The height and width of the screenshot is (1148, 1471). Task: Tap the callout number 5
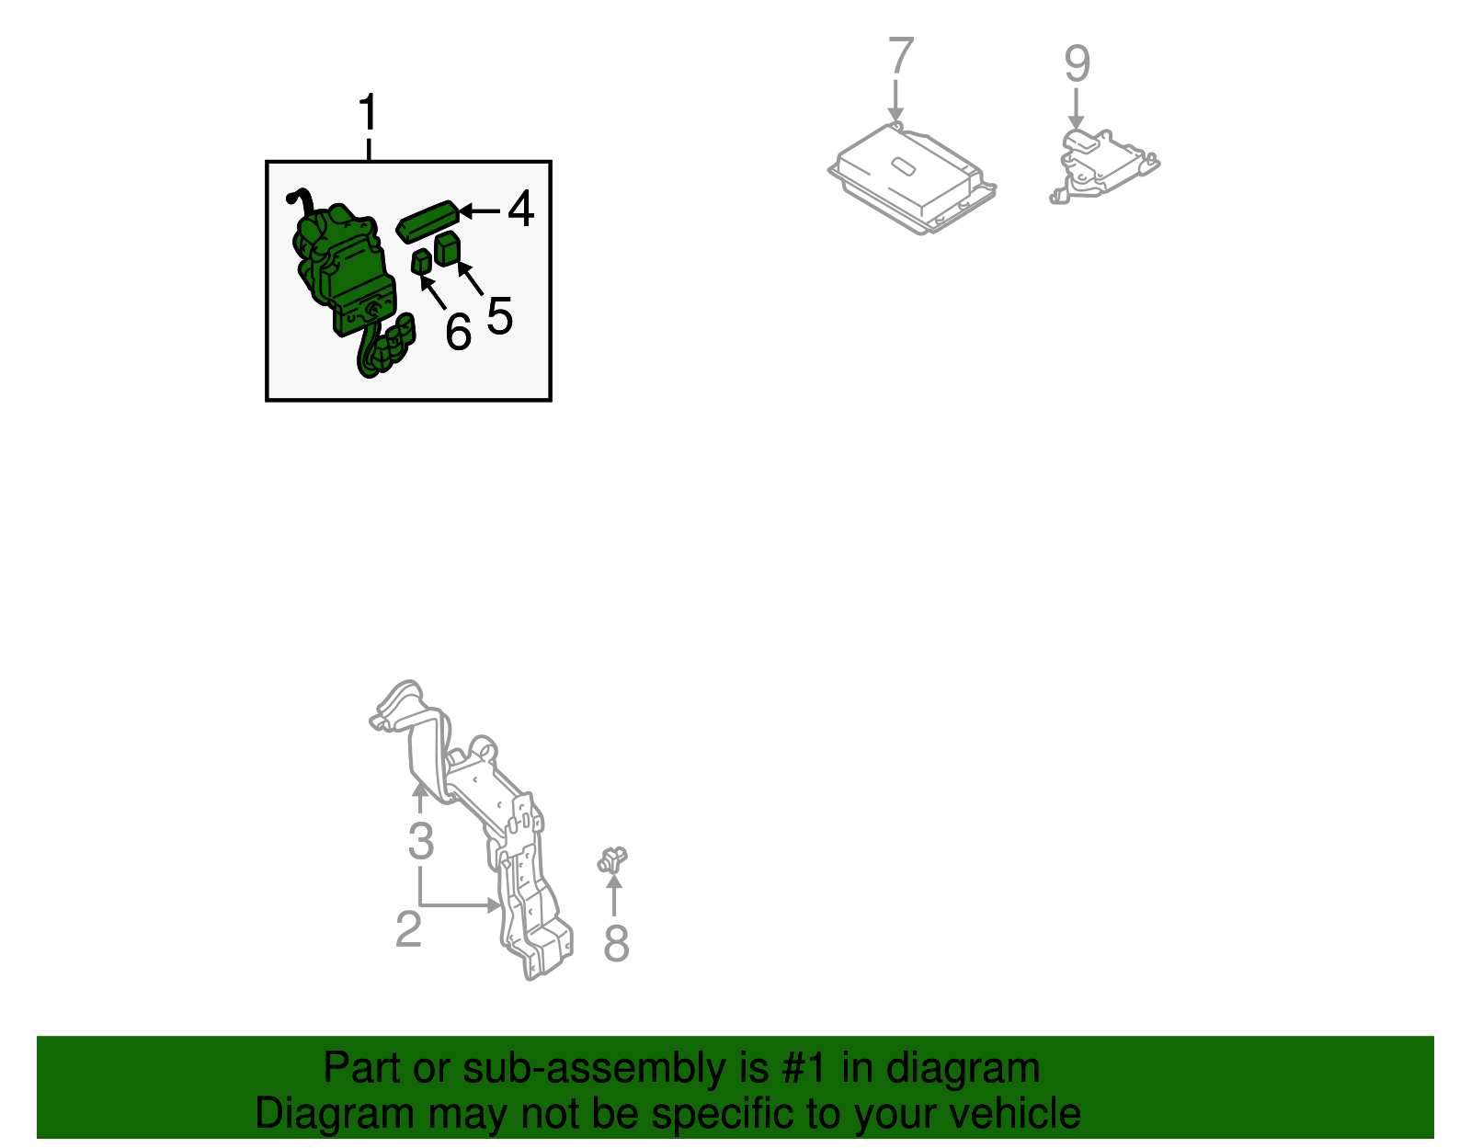coord(499,316)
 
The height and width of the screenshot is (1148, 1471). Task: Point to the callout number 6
coord(458,332)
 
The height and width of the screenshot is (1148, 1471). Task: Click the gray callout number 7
coord(900,55)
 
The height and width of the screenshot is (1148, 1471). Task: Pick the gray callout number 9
coord(1077,63)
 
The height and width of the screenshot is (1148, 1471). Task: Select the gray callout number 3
coord(420,842)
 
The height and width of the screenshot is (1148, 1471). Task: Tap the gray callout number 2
coord(408,929)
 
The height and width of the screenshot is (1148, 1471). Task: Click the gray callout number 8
coord(616,944)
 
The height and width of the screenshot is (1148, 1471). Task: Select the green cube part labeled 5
coord(448,248)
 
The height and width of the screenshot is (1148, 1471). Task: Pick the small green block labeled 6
coord(422,262)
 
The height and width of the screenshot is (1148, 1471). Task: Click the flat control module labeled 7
coord(912,178)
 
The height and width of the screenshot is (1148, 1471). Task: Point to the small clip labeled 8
coord(612,859)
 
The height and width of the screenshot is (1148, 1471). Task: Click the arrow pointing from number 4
coord(479,211)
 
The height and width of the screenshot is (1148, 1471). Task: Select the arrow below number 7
coord(895,101)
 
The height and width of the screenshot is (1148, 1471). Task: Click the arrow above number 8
coord(614,894)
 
